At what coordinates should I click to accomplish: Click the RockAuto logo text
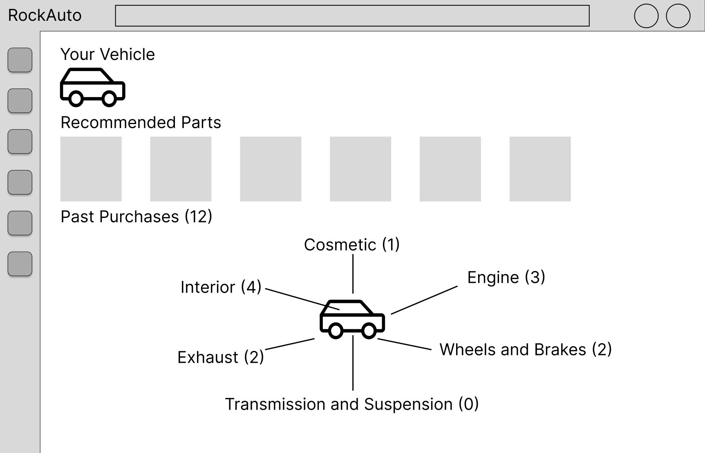click(x=45, y=16)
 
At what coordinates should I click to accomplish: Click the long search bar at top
click(x=352, y=16)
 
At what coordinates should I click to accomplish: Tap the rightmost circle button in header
click(x=678, y=16)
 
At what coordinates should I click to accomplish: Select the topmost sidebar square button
click(x=20, y=60)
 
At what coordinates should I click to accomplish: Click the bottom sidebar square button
click(x=20, y=264)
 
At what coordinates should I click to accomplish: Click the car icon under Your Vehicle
click(x=92, y=87)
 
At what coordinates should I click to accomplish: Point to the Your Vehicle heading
click(x=107, y=54)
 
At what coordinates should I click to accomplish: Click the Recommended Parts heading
click(x=141, y=122)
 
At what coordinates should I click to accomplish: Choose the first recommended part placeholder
click(x=91, y=169)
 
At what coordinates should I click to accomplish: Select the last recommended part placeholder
click(x=540, y=169)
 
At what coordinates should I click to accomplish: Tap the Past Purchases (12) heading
click(x=137, y=217)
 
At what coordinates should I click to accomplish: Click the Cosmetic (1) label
click(x=352, y=245)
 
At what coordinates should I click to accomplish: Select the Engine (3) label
click(x=506, y=278)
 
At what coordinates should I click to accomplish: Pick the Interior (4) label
click(x=221, y=287)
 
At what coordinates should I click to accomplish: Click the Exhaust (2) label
click(x=221, y=358)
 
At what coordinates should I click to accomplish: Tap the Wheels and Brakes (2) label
click(x=526, y=350)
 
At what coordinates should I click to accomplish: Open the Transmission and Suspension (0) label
click(x=352, y=404)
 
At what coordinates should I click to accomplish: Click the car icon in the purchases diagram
click(x=352, y=320)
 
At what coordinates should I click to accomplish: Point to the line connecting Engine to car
click(x=424, y=300)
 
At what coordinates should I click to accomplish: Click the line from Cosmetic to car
click(x=353, y=274)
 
